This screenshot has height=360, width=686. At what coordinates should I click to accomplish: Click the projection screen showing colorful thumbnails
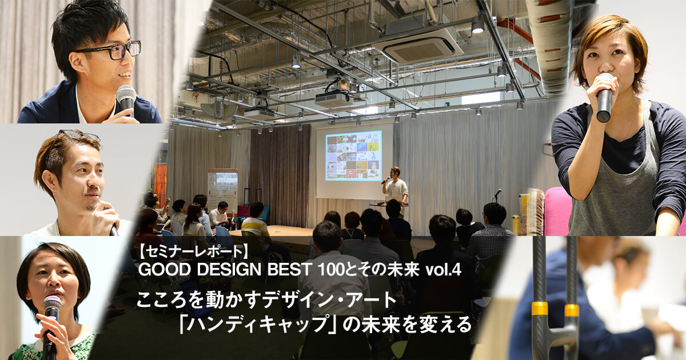(x=353, y=155)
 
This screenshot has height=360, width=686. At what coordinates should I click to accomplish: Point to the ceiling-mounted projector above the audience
(x=334, y=98)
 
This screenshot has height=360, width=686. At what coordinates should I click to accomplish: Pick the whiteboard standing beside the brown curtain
(x=222, y=187)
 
